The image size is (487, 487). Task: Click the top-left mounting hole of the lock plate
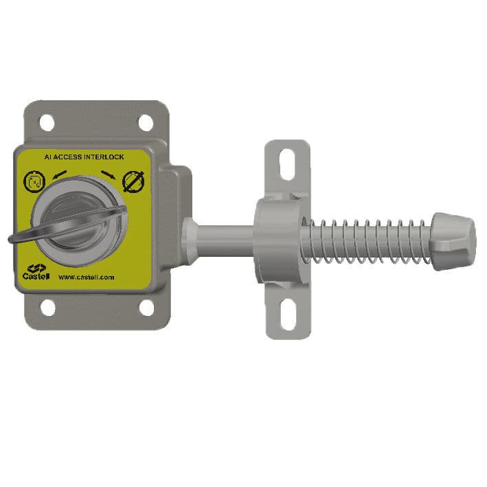tap(46, 122)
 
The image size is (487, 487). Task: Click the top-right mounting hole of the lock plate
tap(146, 122)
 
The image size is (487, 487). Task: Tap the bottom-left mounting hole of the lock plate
tap(47, 308)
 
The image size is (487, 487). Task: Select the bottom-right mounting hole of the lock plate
tap(146, 308)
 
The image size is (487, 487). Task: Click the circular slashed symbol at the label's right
tap(132, 182)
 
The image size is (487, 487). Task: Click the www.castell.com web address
tap(86, 278)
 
